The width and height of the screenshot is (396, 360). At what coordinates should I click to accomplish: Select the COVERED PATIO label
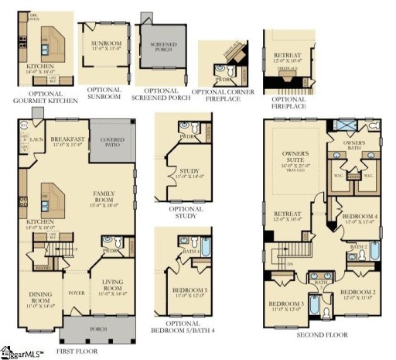(x=111, y=142)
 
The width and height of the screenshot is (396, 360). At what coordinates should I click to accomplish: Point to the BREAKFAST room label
(x=67, y=138)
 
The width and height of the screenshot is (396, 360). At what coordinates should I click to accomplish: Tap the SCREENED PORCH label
(x=162, y=48)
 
